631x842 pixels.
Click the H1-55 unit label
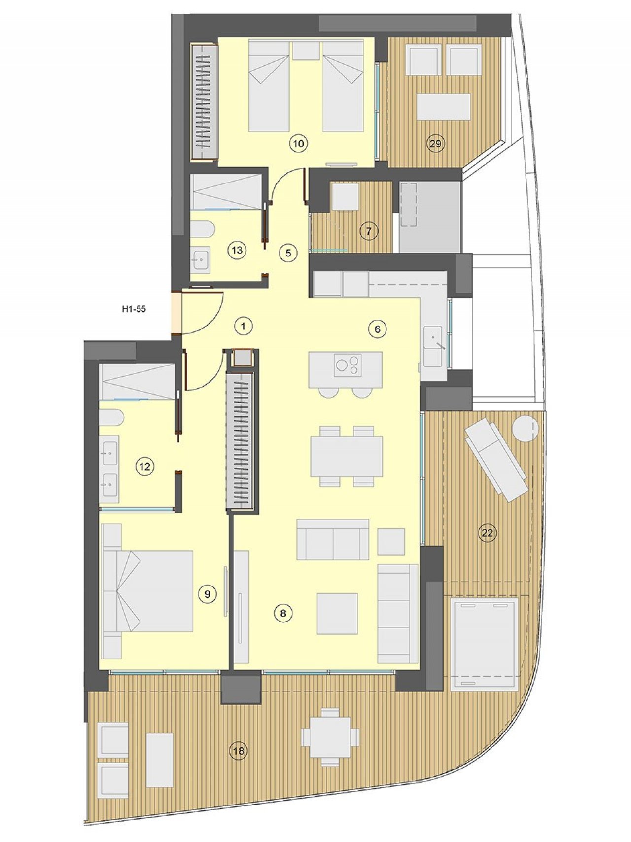coord(134,310)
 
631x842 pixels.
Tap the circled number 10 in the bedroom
coord(299,144)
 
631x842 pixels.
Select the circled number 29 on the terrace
coord(435,144)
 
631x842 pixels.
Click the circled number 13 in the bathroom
coord(237,250)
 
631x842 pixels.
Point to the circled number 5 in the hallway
coord(288,253)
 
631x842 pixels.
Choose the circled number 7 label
coord(368,230)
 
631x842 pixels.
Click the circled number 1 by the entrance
coord(243,326)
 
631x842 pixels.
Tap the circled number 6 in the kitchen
coord(378,329)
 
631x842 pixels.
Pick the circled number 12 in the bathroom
coord(145,466)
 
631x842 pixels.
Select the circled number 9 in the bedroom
coord(207,594)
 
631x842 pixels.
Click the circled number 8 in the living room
coord(283,613)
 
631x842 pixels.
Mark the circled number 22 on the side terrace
coord(487,533)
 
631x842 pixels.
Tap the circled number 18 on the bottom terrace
coord(239,751)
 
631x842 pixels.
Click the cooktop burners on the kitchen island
coord(347,365)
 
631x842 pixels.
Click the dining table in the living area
coord(347,456)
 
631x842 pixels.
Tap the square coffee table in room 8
coord(337,613)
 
